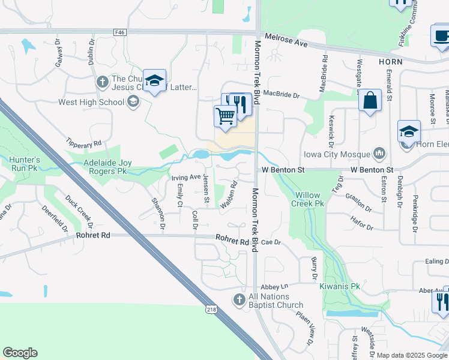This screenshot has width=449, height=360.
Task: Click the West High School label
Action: [91, 102]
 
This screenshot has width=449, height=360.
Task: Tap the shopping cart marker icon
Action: [225, 116]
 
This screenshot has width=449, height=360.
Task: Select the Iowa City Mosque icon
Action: [379, 154]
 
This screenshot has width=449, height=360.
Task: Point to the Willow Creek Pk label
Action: [311, 200]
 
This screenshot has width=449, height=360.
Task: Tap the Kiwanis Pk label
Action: [339, 287]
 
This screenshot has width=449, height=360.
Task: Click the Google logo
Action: [20, 353]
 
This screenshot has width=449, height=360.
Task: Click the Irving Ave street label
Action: [185, 177]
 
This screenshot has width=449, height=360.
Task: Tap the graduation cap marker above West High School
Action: [154, 82]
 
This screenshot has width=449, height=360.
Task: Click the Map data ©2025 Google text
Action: [412, 355]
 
